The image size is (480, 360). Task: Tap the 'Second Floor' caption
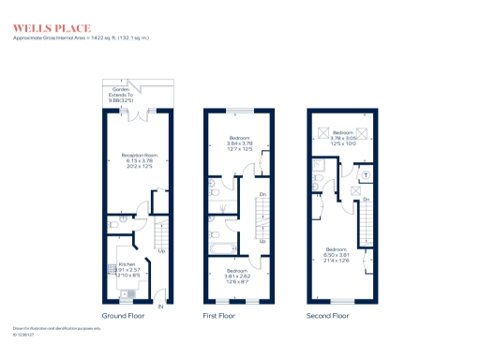327,316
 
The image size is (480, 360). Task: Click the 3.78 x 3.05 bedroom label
341,139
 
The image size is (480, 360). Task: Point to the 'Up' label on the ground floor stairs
161,250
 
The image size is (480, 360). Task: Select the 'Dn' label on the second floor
367,201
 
